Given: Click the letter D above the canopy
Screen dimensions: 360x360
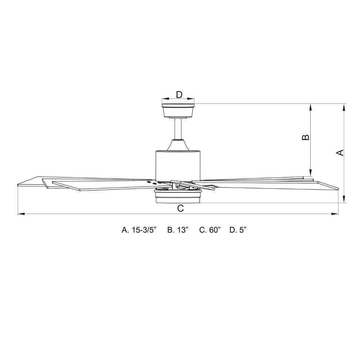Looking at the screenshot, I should (179, 95).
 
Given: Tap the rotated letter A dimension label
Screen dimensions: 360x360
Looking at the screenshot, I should (339, 153).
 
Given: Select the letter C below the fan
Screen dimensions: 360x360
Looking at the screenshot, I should (181, 208).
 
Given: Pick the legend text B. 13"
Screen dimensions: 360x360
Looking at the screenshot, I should (178, 230).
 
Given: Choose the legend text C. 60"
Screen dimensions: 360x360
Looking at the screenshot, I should (210, 230).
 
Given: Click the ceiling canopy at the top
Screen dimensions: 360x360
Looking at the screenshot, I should (178, 109).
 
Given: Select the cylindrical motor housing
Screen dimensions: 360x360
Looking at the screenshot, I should (178, 165).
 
